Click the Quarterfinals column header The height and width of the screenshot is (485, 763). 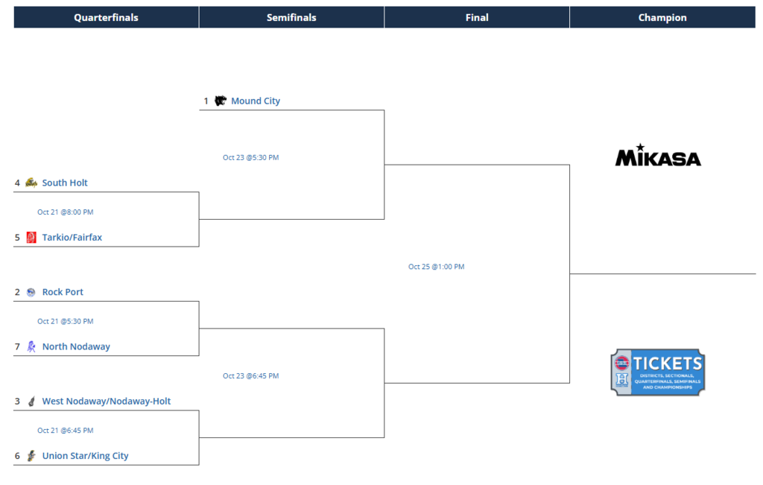pyautogui.click(x=106, y=17)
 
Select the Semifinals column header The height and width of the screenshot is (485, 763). pyautogui.click(x=291, y=17)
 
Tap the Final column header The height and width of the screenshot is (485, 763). pyautogui.click(x=477, y=17)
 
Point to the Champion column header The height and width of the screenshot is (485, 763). pyautogui.click(x=662, y=17)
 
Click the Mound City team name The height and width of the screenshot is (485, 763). pyautogui.click(x=256, y=101)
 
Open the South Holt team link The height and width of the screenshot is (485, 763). pyautogui.click(x=65, y=183)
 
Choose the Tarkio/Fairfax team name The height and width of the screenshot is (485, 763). pyautogui.click(x=72, y=238)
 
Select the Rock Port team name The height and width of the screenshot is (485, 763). pyautogui.click(x=63, y=292)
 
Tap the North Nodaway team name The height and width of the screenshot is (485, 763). pyautogui.click(x=76, y=346)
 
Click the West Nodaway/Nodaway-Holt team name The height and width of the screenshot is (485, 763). pyautogui.click(x=107, y=401)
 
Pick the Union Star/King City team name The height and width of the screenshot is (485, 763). pyautogui.click(x=85, y=456)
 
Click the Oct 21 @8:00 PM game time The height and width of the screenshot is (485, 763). pyautogui.click(x=66, y=212)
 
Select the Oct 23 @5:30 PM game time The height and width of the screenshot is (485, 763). pyautogui.click(x=250, y=157)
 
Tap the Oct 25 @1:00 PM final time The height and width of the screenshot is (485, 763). pyautogui.click(x=436, y=267)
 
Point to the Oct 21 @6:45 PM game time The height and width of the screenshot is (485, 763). pyautogui.click(x=66, y=431)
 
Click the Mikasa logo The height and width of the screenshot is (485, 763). pyautogui.click(x=657, y=156)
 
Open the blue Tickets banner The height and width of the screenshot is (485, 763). pyautogui.click(x=657, y=372)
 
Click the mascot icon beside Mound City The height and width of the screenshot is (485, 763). pyautogui.click(x=221, y=101)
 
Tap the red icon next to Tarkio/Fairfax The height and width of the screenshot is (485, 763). pyautogui.click(x=31, y=238)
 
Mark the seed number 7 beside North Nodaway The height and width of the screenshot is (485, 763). pyautogui.click(x=17, y=346)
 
